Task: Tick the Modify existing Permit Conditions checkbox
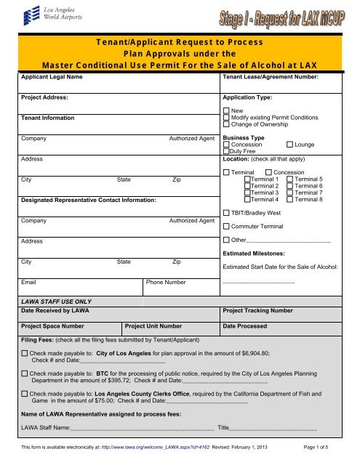(x=226, y=116)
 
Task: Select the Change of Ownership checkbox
(x=226, y=124)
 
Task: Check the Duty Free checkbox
(x=226, y=152)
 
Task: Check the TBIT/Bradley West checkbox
(x=226, y=214)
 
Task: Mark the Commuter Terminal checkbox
(x=226, y=227)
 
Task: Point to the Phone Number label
(x=166, y=281)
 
